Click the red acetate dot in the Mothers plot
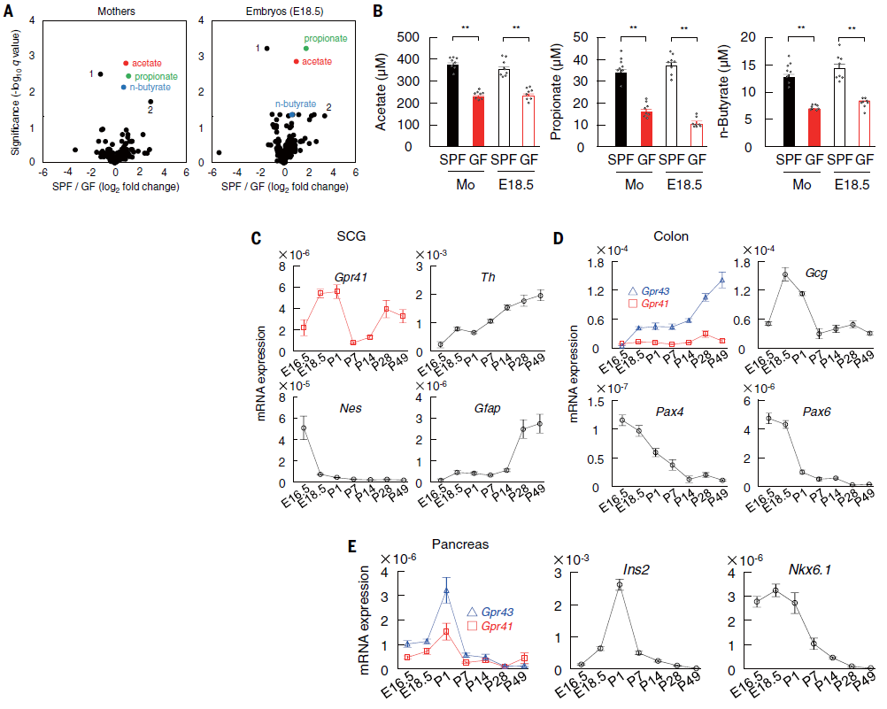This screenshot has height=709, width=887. coord(127,64)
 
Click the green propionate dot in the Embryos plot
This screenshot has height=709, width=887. coord(305,49)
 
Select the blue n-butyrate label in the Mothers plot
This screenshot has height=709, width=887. coord(150,88)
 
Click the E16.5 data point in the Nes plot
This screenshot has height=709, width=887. coord(305,428)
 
